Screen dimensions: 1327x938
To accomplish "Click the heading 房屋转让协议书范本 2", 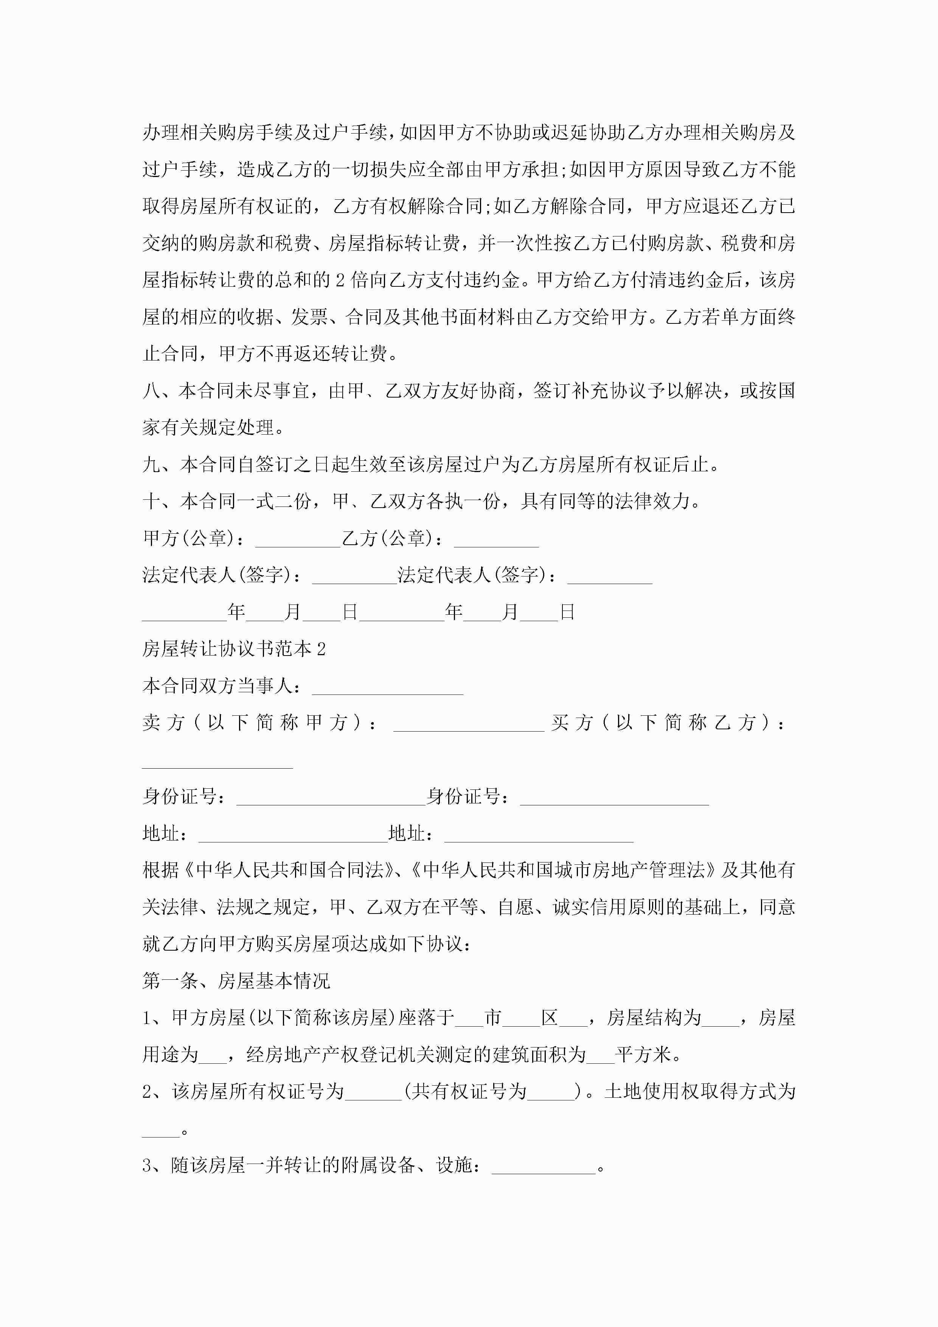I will point(234,649).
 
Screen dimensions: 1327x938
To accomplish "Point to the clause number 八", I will point(151,391).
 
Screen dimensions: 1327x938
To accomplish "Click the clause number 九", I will point(151,465).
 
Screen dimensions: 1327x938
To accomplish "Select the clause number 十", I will point(151,502).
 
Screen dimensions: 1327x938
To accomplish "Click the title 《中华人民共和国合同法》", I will point(291,870).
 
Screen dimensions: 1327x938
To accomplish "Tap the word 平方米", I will point(644,1055).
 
